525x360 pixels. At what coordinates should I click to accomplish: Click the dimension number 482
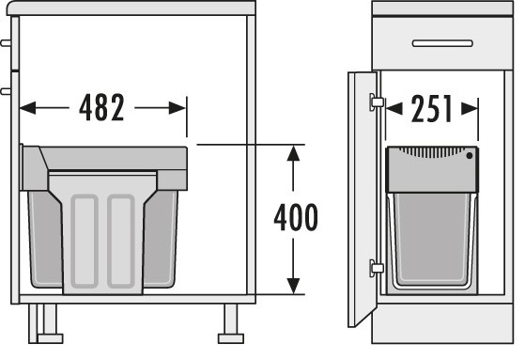point(101,107)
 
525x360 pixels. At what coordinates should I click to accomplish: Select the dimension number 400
point(296,217)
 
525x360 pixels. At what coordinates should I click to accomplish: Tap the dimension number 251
point(432,109)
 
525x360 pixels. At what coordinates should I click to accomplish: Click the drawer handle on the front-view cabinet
point(442,43)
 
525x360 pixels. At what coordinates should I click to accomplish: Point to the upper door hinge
point(377,102)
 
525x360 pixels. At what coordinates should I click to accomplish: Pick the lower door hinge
point(377,268)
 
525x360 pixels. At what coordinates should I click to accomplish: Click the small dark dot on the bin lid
point(470,155)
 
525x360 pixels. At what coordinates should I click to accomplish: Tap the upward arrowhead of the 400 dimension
point(293,153)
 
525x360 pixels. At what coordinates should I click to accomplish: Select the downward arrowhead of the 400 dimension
point(293,286)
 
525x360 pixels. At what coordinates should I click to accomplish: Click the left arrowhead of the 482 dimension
point(27,108)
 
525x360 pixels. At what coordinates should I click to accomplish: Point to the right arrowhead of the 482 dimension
point(178,108)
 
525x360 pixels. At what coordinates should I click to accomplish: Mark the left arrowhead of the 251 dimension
point(394,109)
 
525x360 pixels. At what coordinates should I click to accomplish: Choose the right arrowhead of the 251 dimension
point(470,109)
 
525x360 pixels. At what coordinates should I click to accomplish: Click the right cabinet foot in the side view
point(231,323)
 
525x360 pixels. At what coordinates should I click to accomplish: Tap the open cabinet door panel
point(363,199)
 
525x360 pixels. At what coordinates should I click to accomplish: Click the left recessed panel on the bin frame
point(85,241)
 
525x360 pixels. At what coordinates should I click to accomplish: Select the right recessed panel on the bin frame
point(121,241)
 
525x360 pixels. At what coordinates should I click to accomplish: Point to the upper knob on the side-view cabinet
point(6,43)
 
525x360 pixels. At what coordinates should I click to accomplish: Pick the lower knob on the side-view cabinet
point(6,91)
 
